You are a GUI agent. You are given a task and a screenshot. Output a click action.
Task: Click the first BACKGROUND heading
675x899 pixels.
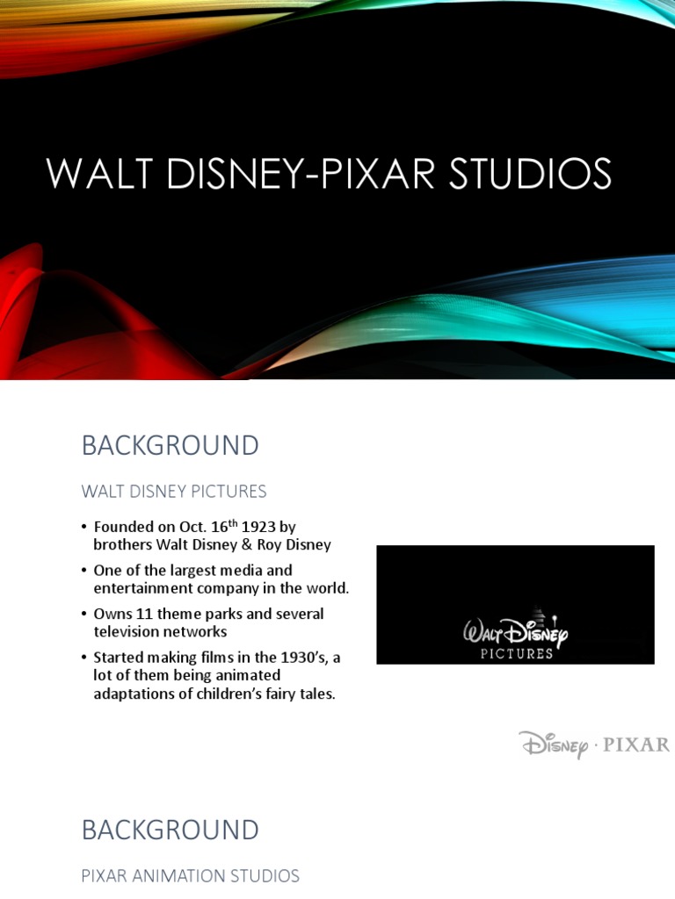[170, 445]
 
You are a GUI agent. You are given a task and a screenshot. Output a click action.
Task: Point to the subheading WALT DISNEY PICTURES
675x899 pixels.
[174, 491]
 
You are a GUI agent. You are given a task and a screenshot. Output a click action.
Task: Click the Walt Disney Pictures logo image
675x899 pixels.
[515, 605]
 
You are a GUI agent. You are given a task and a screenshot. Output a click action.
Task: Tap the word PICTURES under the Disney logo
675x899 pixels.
[516, 653]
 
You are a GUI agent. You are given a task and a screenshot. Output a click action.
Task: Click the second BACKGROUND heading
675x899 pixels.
[170, 830]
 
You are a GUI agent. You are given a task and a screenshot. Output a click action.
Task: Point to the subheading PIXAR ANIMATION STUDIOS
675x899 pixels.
[190, 875]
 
